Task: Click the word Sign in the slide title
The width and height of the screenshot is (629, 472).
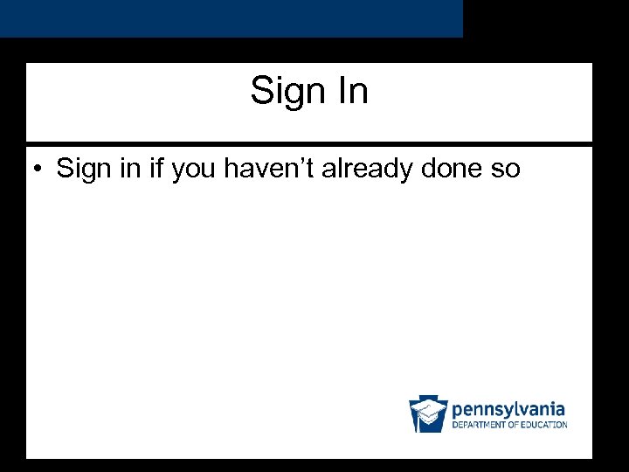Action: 284,91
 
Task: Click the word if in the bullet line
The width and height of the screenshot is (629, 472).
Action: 158,168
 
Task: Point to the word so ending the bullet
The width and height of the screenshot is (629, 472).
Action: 505,170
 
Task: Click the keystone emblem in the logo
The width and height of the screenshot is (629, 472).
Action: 428,413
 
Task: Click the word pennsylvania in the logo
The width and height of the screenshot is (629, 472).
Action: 508,409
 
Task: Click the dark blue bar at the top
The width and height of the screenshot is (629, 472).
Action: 231,18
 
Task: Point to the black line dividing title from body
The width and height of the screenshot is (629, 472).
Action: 309,143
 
